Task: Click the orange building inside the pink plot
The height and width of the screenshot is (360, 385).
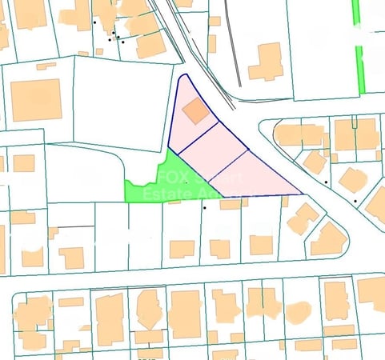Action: click(x=195, y=114)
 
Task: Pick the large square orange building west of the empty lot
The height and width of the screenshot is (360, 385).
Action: click(x=36, y=100)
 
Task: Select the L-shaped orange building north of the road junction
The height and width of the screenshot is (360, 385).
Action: click(x=267, y=62)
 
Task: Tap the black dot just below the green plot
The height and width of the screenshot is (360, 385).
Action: click(x=204, y=209)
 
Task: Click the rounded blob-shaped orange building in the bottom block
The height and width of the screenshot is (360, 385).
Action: click(x=297, y=311)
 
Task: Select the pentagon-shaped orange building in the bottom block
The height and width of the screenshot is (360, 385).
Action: click(x=149, y=307)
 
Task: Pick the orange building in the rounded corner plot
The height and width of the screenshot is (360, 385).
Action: click(x=328, y=238)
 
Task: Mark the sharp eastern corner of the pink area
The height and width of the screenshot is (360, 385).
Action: click(x=300, y=193)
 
